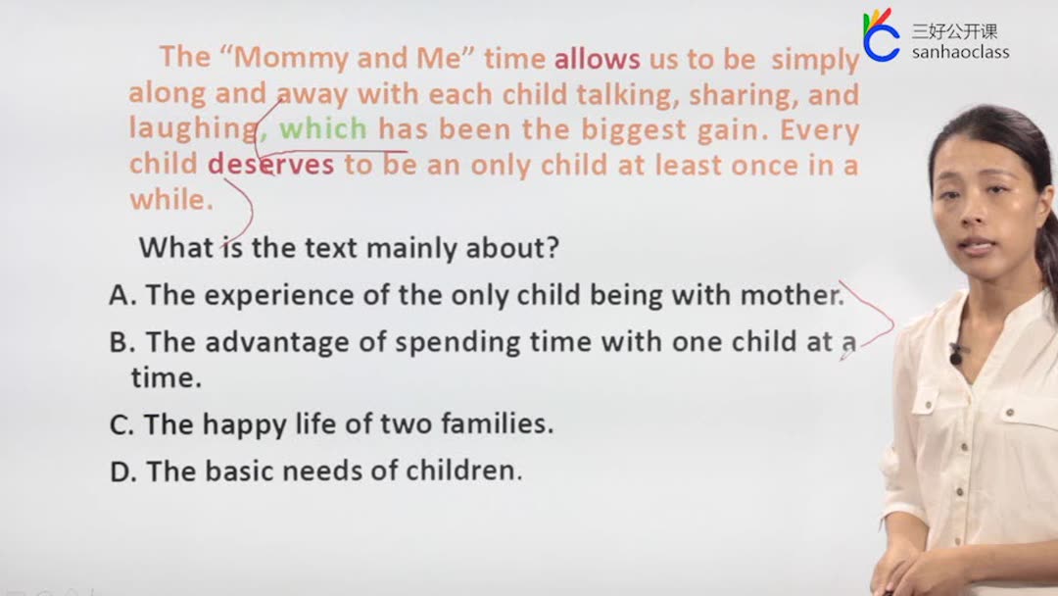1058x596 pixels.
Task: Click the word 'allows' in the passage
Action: coord(598,60)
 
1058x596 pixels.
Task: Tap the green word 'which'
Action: coord(323,128)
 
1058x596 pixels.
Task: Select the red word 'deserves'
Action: coord(270,164)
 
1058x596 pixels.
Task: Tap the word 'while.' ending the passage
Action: coord(171,199)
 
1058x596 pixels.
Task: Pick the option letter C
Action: coord(121,424)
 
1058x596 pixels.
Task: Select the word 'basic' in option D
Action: coord(239,472)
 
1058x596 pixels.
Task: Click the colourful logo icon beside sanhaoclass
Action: coord(881,35)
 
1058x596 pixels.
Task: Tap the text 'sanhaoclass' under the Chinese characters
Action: coord(960,52)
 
